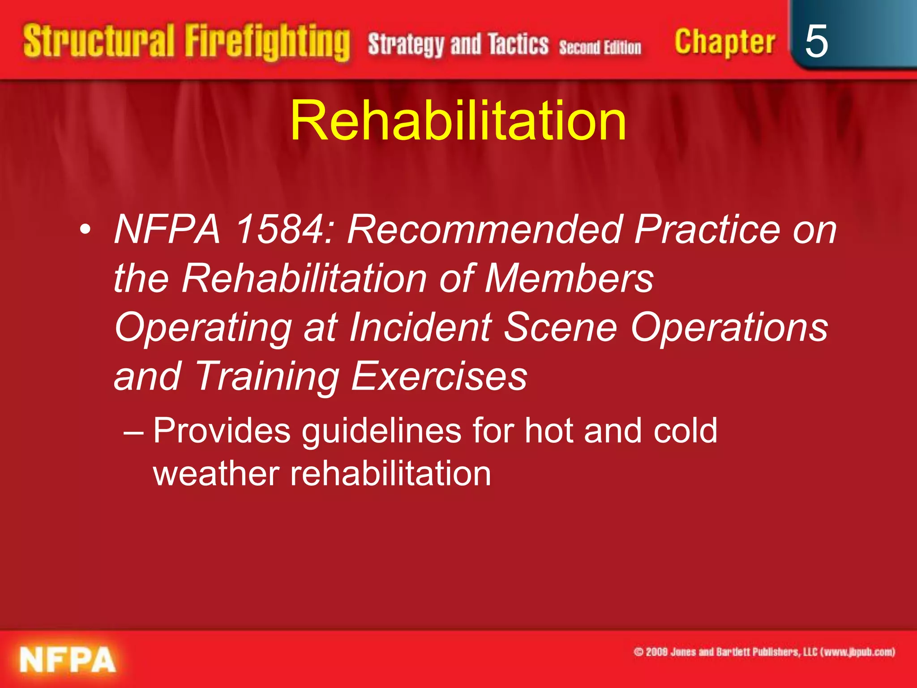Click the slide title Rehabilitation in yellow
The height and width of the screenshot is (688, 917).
tap(458, 121)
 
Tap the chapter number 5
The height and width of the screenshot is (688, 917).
tap(816, 42)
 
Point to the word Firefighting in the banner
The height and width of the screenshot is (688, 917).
tap(267, 43)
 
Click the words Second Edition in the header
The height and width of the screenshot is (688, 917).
tap(600, 47)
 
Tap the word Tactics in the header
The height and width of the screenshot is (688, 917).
tap(518, 45)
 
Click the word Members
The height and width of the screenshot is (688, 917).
tap(569, 278)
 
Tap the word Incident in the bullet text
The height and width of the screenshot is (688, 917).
tap(421, 327)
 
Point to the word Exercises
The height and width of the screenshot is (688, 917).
tap(439, 376)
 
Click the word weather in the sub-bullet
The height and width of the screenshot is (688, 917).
tap(216, 473)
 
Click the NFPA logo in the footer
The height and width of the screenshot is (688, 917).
tap(67, 660)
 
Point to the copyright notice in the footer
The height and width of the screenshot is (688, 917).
tap(764, 652)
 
